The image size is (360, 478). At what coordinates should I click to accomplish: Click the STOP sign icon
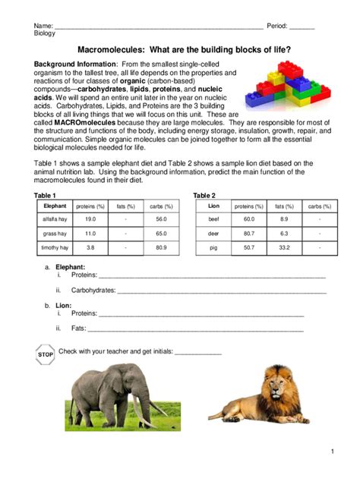click(x=46, y=354)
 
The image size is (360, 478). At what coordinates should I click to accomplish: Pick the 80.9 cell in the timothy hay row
click(x=160, y=247)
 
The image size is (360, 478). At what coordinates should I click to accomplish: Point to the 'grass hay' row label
click(x=55, y=233)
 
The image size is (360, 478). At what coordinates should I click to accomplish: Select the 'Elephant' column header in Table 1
click(x=55, y=206)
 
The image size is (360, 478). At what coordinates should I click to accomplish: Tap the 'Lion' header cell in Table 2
click(x=213, y=206)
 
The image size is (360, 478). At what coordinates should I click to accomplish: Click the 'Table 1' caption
click(x=46, y=195)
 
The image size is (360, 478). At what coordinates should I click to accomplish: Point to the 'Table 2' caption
click(x=204, y=195)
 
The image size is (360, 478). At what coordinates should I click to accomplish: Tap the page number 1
click(x=332, y=452)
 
